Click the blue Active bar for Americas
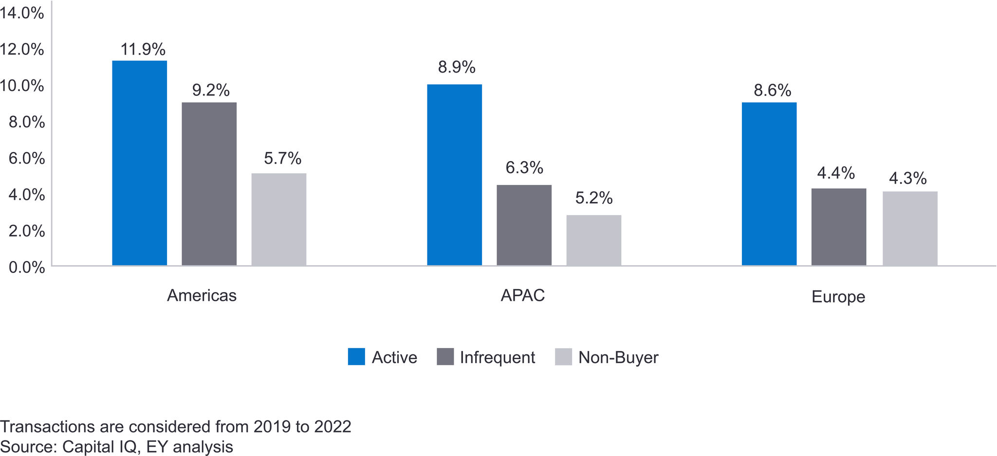pos(139,163)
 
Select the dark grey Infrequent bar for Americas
pos(209,184)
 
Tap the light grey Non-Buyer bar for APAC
pos(594,240)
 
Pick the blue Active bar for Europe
pos(769,184)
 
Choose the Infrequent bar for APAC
pos(524,225)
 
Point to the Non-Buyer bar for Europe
pos(910,229)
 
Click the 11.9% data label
pos(143,50)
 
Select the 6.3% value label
pos(524,168)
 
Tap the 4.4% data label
pos(836,173)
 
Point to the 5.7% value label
pos(282,159)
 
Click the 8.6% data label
pos(773,91)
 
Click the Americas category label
pos(202,296)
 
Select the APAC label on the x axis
pos(523,296)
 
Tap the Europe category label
pos(838,297)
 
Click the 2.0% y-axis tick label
pos(26,231)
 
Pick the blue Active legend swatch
pos(356,357)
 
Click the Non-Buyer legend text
pos(618,358)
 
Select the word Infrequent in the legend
pos(497,358)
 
